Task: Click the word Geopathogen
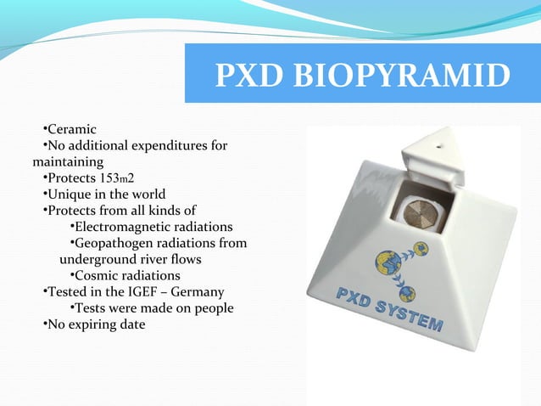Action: [x=114, y=243]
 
